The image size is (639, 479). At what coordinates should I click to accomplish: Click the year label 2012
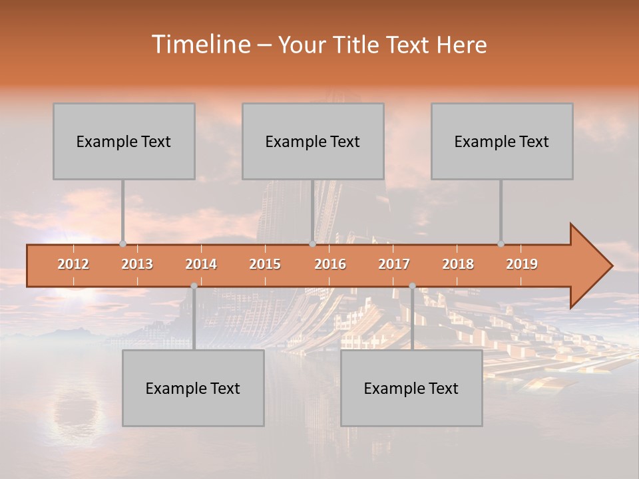(73, 264)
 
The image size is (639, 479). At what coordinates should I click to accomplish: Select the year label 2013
(137, 264)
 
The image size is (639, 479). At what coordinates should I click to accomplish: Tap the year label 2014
(201, 264)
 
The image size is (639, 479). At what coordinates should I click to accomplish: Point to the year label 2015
(265, 264)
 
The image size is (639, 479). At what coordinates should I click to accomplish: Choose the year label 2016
(330, 264)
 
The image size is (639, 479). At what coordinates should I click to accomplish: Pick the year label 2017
(394, 264)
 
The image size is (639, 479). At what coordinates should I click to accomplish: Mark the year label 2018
(458, 264)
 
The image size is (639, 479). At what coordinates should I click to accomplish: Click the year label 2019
(522, 264)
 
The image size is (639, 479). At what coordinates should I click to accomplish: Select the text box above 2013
(124, 141)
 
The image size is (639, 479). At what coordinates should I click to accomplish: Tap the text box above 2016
(313, 141)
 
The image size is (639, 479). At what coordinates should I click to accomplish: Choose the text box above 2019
(502, 141)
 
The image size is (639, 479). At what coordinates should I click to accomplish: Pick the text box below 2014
(193, 388)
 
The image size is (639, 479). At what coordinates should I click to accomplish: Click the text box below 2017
(411, 388)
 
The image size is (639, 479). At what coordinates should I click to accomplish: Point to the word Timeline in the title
(200, 45)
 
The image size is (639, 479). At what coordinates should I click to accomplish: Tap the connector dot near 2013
(122, 243)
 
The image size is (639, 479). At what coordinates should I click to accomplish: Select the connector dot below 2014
(194, 285)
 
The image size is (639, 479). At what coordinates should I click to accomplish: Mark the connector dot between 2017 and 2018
(412, 285)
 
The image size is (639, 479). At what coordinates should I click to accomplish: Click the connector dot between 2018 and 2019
(501, 243)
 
